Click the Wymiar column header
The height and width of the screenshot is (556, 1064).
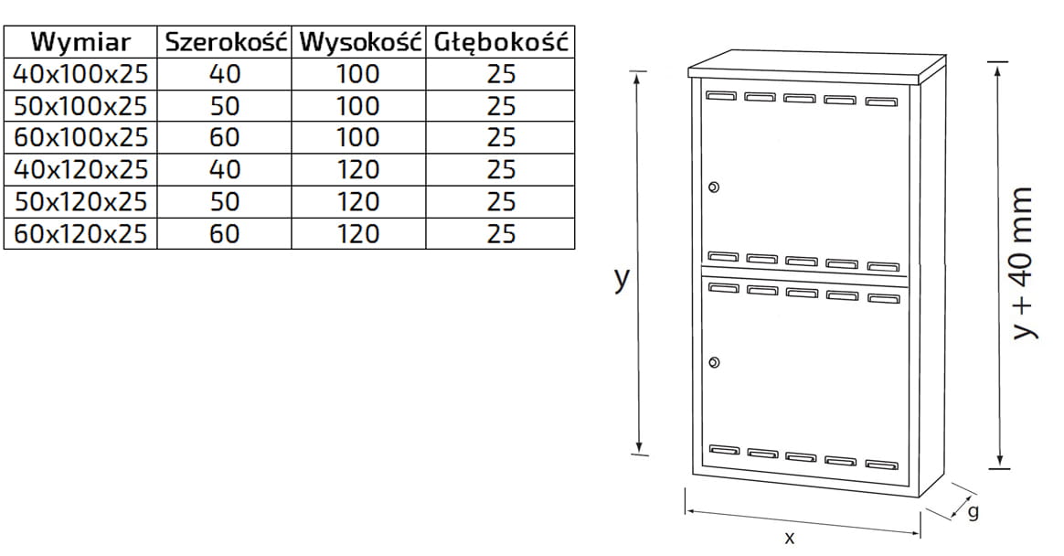(81, 42)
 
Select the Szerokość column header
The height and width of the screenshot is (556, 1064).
(225, 42)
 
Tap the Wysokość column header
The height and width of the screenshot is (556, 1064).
(358, 42)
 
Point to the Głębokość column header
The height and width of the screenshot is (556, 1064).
(501, 42)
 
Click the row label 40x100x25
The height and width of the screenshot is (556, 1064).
(81, 74)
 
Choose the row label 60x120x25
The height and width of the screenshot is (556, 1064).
(81, 233)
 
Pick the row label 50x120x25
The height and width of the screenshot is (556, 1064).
(81, 201)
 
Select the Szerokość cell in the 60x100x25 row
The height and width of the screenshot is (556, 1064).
(225, 138)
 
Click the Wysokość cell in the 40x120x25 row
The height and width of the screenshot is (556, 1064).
(358, 170)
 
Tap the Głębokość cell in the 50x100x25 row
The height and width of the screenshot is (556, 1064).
(501, 106)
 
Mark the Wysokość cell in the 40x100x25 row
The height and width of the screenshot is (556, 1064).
(358, 74)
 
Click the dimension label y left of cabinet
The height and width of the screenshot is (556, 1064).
(622, 278)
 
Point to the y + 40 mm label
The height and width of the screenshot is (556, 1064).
(1025, 264)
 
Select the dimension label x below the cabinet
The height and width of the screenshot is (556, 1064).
(790, 538)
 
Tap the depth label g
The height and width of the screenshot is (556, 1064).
(973, 512)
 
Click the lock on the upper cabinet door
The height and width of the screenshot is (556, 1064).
(714, 187)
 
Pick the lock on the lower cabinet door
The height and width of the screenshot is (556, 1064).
(714, 363)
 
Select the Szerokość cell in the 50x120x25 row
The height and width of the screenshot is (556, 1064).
(225, 201)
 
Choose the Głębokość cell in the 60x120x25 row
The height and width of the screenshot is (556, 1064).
(501, 233)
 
